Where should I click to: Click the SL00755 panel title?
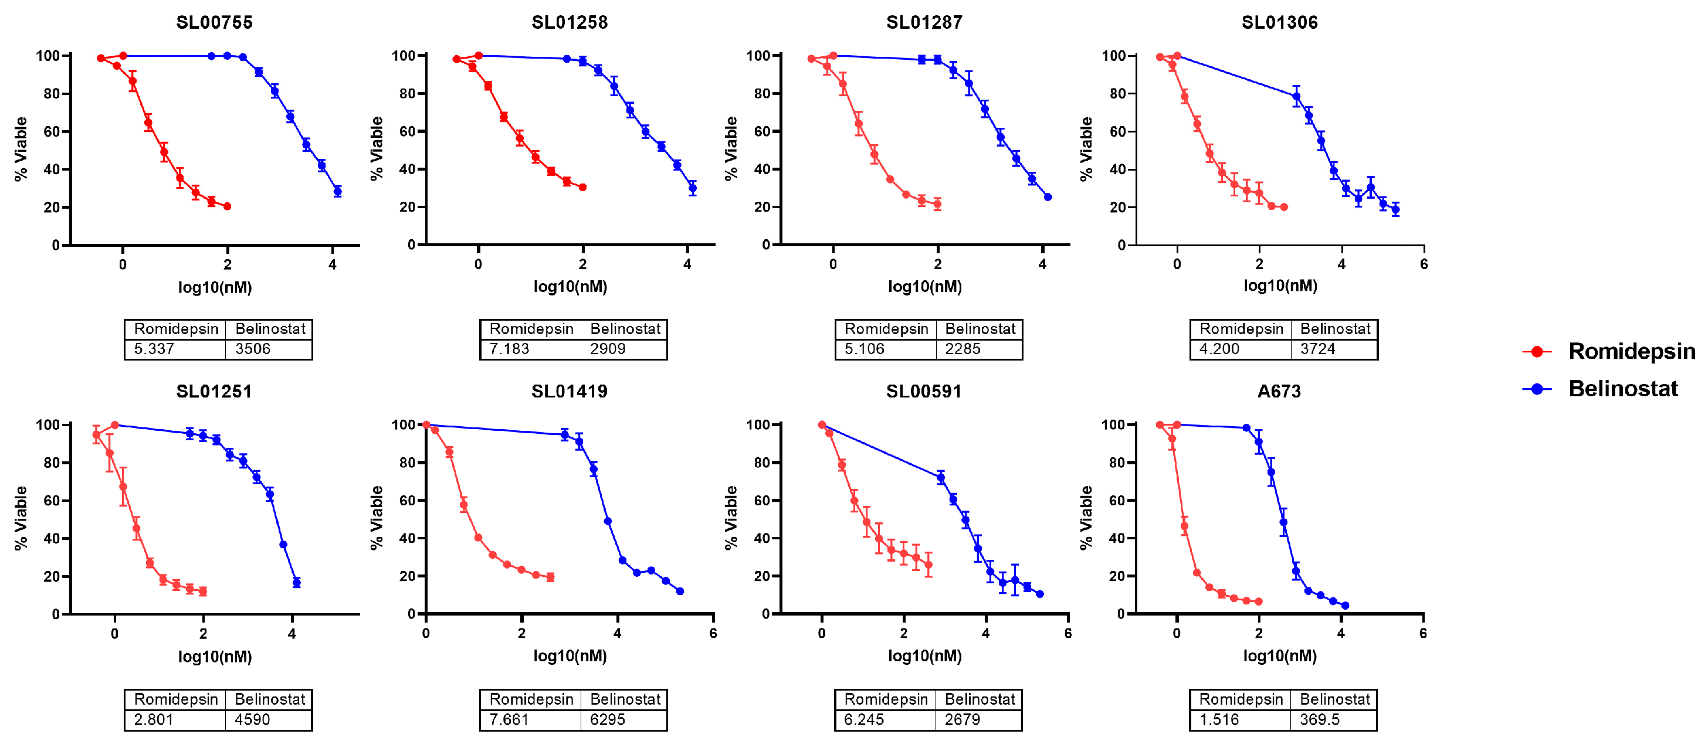point(214,22)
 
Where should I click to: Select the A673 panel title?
point(1279,392)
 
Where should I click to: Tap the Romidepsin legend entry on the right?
point(1631,351)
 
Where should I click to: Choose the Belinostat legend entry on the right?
point(1622,389)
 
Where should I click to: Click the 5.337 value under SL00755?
point(154,349)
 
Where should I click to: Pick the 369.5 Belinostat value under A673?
point(1320,719)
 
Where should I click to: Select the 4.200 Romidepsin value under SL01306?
point(1219,349)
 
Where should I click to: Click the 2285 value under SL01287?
point(963,349)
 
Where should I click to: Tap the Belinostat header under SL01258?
point(625,329)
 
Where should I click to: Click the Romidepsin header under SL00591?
point(886,699)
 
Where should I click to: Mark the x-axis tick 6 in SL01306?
point(1424,264)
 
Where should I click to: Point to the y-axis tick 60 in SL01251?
point(52,501)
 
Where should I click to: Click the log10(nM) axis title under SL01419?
point(570,656)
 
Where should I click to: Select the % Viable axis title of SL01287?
point(731,148)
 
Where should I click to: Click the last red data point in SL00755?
point(228,206)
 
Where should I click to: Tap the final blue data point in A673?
point(1345,605)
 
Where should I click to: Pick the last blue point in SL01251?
point(296,583)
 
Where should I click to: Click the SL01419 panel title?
point(570,392)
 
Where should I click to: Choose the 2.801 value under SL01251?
point(153,719)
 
